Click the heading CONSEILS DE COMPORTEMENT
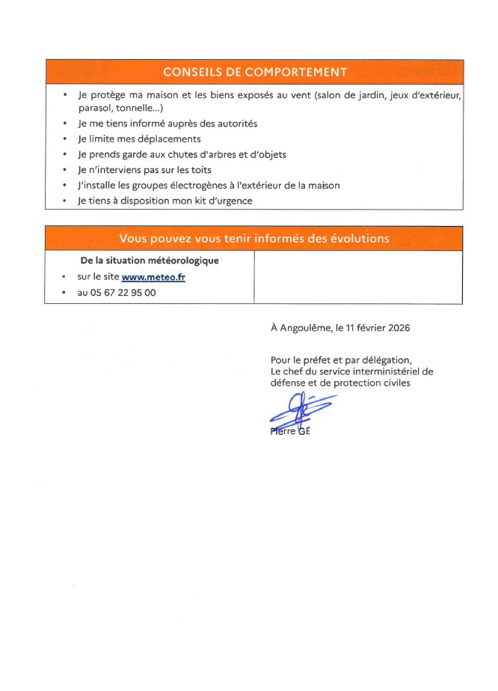[254, 72]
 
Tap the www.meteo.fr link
[153, 277]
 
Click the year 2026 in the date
[396, 327]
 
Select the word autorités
[233, 124]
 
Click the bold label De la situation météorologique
[150, 261]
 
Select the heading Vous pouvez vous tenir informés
[254, 238]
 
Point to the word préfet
[314, 359]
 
